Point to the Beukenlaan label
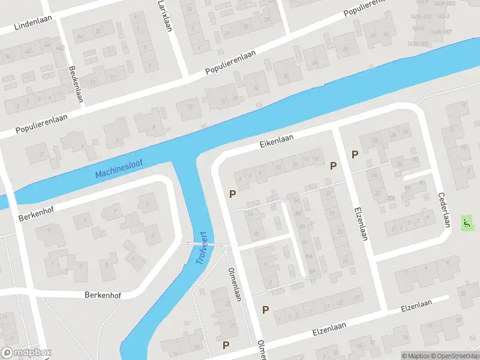click(x=75, y=85)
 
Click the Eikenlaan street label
click(x=276, y=140)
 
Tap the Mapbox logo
click(x=26, y=352)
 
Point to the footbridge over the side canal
click(x=204, y=244)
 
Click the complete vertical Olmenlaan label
click(x=235, y=285)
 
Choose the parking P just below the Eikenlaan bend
click(x=232, y=194)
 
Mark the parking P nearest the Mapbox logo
click(x=226, y=345)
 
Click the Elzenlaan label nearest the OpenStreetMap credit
click(x=416, y=307)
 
